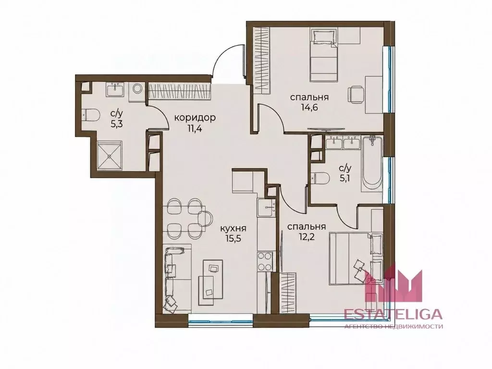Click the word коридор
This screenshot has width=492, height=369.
pos(195,118)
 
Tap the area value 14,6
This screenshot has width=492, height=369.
pos(309,108)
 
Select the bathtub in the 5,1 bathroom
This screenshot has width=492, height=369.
pos(371,164)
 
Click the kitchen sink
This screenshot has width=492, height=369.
pos(266,209)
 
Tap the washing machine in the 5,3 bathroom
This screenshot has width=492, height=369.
pos(136,89)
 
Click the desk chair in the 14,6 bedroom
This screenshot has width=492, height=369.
pos(356,95)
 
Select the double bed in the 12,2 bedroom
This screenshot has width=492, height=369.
pos(356,258)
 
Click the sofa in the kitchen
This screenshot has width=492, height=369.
pos(177,277)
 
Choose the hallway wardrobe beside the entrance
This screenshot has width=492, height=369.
pos(179,91)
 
